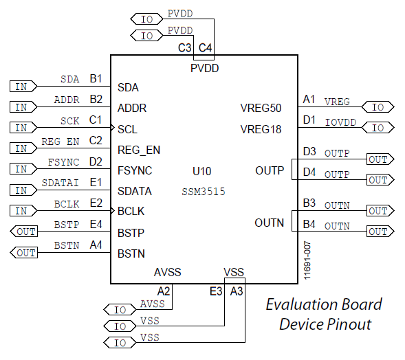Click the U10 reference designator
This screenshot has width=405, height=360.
pos(202,171)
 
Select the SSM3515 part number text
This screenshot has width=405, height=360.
pos(204,192)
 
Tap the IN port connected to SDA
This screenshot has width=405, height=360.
pos(23,86)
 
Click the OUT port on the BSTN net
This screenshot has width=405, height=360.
pos(24,253)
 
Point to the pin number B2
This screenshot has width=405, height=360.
pos(96,99)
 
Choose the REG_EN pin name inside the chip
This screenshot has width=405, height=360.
pos(139,150)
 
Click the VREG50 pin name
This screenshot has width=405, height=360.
pos(261,108)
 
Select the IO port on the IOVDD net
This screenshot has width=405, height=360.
pos(378,128)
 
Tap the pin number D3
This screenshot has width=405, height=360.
pos(309,151)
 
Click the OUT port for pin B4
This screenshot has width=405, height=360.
pos(380,232)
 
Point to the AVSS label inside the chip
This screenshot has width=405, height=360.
pos(167,272)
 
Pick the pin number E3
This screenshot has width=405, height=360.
pos(216,291)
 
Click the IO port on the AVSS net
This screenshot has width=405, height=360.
pos(120,310)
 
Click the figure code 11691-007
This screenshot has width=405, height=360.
pos(307,260)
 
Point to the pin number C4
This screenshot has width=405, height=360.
pos(206,47)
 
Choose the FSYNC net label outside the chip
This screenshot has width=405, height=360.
pos(63,162)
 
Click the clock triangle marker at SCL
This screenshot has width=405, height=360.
pos(113,128)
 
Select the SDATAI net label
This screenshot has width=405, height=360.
pos(61,183)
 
